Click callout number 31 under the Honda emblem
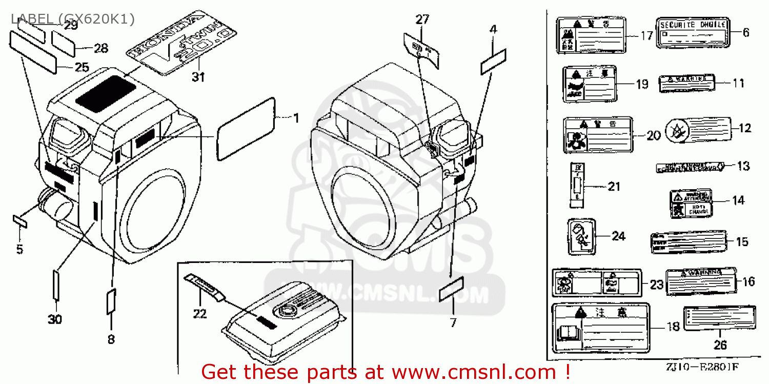[198, 77]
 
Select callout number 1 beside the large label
[295, 118]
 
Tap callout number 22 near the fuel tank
[199, 313]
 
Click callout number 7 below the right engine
[453, 322]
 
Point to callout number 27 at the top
[422, 20]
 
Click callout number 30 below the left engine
[55, 319]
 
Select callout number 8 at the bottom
[111, 339]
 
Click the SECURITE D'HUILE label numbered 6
[693, 32]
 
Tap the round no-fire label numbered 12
[698, 129]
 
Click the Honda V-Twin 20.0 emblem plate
[181, 45]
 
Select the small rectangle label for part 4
[493, 63]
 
